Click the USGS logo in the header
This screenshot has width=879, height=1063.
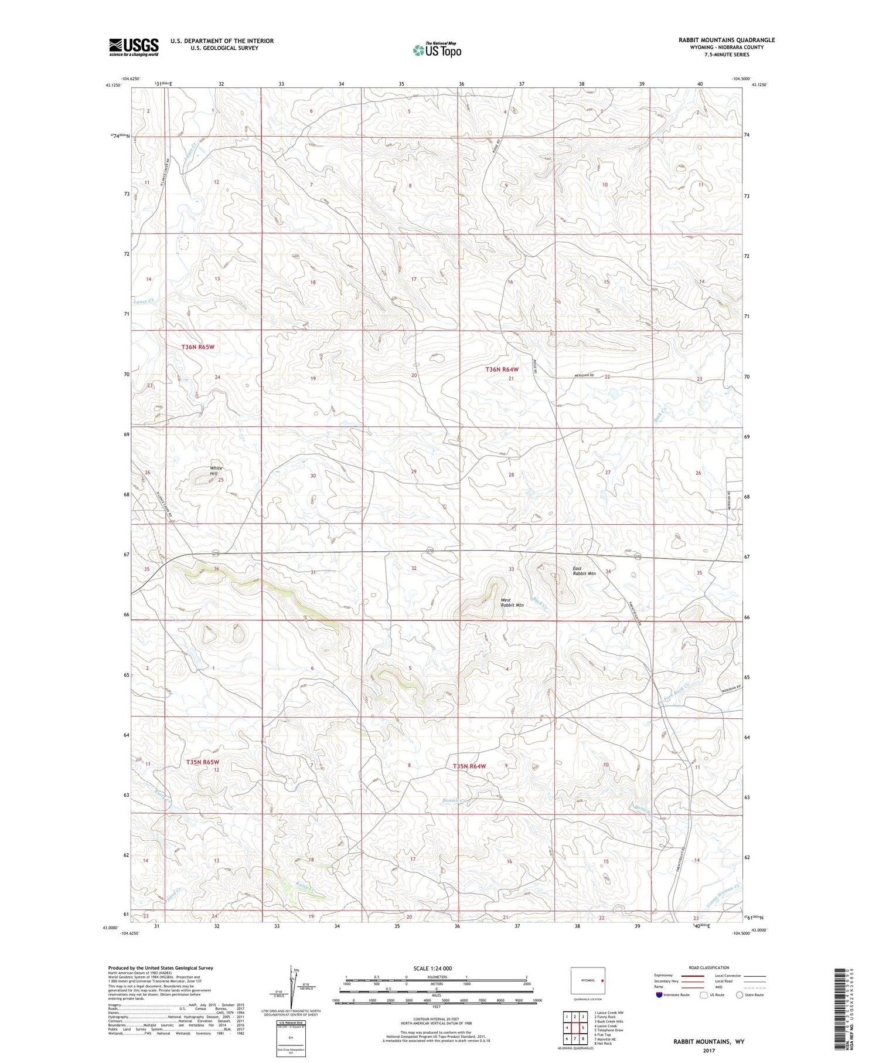[134, 47]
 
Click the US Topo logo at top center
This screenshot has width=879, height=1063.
[437, 50]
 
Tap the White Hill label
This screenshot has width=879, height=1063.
[216, 471]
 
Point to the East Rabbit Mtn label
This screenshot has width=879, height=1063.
[584, 570]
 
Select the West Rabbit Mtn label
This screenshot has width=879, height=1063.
[512, 602]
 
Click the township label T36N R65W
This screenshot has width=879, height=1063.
[198, 347]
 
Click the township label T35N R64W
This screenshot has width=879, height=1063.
[469, 766]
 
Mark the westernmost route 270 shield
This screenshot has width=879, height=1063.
[215, 553]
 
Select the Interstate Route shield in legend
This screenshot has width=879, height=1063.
[659, 995]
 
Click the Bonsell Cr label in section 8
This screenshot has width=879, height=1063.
[454, 801]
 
